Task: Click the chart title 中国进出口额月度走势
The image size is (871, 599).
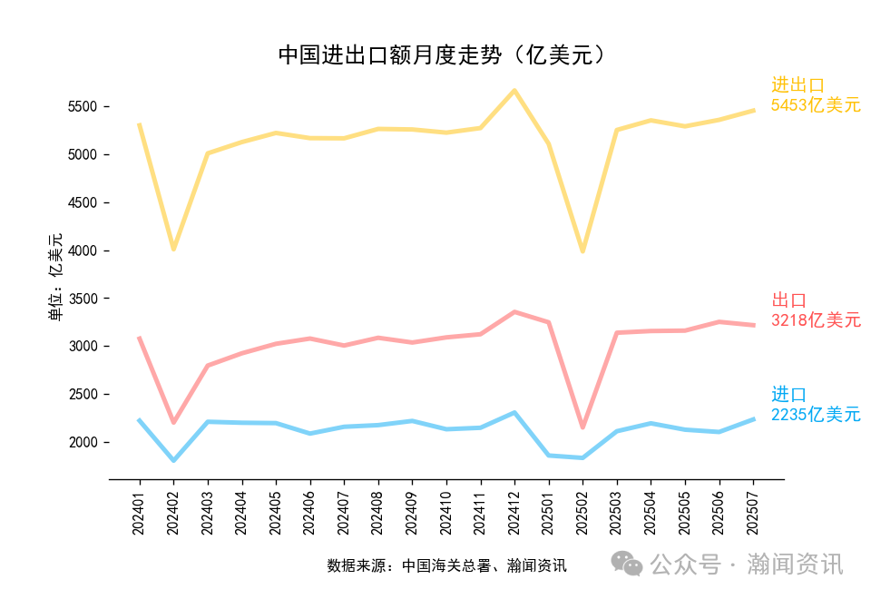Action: (441, 55)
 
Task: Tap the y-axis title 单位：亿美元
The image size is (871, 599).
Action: (56, 277)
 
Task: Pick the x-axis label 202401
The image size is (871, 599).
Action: (139, 513)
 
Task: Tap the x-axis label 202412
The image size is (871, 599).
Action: (514, 513)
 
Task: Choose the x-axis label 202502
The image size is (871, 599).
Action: (582, 513)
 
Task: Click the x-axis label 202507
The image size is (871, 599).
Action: (753, 513)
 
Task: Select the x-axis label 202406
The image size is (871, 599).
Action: (309, 513)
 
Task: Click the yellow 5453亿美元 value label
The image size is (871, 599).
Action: (815, 105)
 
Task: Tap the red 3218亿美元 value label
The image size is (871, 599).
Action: (815, 320)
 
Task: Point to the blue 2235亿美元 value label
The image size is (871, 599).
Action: (815, 415)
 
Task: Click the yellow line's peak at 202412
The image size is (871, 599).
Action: (514, 90)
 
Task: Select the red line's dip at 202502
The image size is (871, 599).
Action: (582, 427)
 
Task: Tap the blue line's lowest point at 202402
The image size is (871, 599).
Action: (173, 461)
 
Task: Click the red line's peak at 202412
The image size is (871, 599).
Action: (514, 312)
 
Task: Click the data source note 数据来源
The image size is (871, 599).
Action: (446, 566)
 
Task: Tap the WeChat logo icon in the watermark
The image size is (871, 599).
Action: (626, 564)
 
